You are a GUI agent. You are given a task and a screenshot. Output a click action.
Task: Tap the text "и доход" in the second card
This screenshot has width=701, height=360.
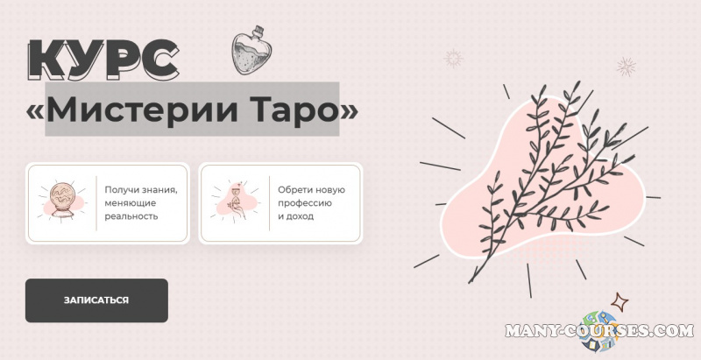pyautogui.click(x=294, y=216)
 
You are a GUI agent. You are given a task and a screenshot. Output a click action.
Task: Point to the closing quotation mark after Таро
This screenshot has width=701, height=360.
pyautogui.click(x=348, y=110)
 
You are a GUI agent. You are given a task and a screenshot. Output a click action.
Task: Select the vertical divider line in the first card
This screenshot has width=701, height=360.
pyautogui.click(x=96, y=203)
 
